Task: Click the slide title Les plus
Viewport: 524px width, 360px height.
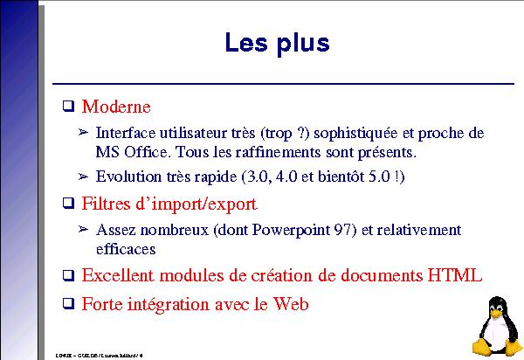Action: [x=277, y=42]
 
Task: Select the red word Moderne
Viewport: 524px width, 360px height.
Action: [x=116, y=107]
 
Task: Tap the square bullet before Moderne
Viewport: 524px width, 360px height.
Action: [x=68, y=107]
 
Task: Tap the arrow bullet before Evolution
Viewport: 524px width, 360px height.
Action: [x=84, y=177]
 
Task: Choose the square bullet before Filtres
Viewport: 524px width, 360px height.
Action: [x=68, y=204]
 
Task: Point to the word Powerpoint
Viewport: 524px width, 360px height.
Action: [x=293, y=230]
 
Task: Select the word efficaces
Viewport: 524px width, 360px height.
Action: [x=126, y=249]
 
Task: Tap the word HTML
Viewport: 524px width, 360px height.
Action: [x=454, y=275]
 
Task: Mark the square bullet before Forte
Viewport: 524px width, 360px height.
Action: [x=68, y=305]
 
